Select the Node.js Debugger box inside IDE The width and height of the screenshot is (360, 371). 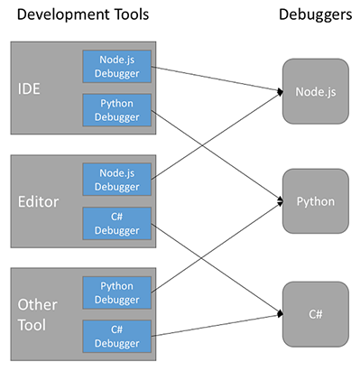118,64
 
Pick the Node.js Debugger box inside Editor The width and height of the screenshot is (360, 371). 118,178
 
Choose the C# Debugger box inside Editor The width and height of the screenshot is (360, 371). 118,222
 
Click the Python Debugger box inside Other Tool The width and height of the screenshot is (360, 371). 118,292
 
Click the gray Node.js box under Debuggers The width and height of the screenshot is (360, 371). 315,91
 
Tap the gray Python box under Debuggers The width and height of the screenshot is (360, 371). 315,201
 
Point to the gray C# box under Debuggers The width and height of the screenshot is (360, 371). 315,314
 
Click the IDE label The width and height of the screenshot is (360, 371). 31,88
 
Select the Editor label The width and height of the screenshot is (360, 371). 38,202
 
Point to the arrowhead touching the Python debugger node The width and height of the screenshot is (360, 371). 279,201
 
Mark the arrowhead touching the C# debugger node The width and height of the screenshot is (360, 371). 279,314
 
